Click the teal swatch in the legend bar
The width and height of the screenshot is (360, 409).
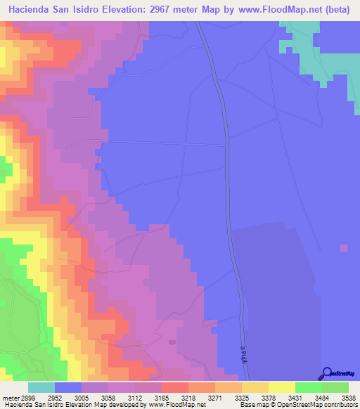pyautogui.click(x=41, y=387)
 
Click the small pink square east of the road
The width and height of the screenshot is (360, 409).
pyautogui.click(x=343, y=247)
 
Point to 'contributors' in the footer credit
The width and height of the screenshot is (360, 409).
pyautogui.click(x=340, y=405)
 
